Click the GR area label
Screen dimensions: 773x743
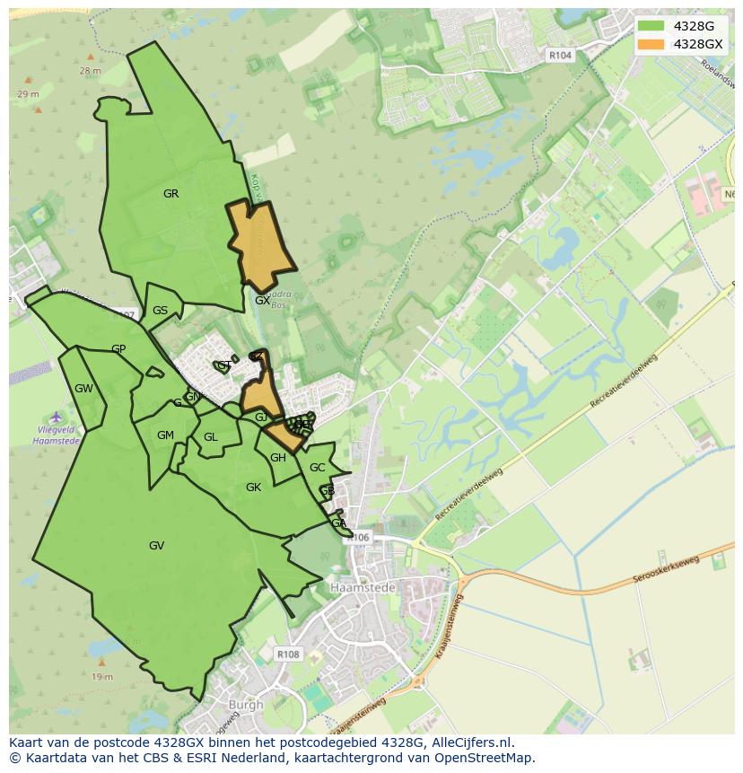(170, 194)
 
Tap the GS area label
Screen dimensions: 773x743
(160, 311)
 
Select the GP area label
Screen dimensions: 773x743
(118, 349)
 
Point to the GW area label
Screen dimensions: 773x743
(83, 389)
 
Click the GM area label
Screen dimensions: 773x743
(165, 435)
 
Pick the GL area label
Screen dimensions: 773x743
(211, 437)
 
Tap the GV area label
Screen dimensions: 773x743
(156, 545)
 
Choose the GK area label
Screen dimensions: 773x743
(253, 487)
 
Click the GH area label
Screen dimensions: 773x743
(278, 458)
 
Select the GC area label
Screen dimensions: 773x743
(317, 468)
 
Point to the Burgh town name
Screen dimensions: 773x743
(245, 705)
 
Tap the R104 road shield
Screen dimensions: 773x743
(560, 56)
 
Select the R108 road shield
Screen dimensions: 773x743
(288, 654)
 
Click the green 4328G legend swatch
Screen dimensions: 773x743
(651, 26)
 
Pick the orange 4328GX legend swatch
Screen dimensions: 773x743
(651, 44)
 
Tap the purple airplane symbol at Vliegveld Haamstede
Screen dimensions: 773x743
(57, 417)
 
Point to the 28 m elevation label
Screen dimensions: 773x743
(91, 70)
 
